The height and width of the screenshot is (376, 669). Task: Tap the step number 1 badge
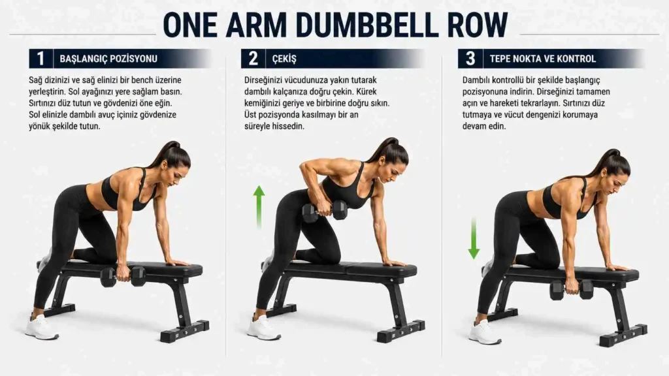pyautogui.click(x=41, y=58)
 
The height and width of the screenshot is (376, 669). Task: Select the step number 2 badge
pyautogui.click(x=253, y=58)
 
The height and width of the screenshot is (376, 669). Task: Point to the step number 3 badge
pyautogui.click(x=470, y=58)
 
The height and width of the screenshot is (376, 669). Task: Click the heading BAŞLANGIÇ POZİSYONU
pyautogui.click(x=108, y=59)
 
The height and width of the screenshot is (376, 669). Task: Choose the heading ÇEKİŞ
pyautogui.click(x=284, y=59)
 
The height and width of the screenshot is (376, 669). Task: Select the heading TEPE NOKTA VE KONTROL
pyautogui.click(x=543, y=59)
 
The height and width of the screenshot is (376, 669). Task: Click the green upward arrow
pyautogui.click(x=259, y=207)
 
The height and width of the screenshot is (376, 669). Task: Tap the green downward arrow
pyautogui.click(x=474, y=238)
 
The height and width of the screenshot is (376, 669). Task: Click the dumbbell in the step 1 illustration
pyautogui.click(x=123, y=276)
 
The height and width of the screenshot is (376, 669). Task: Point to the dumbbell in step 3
pyautogui.click(x=571, y=290)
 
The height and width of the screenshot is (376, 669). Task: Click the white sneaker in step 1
pyautogui.click(x=41, y=328)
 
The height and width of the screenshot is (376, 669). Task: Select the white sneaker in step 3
pyautogui.click(x=485, y=332)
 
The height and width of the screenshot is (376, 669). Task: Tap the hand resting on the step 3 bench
pyautogui.click(x=617, y=268)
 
